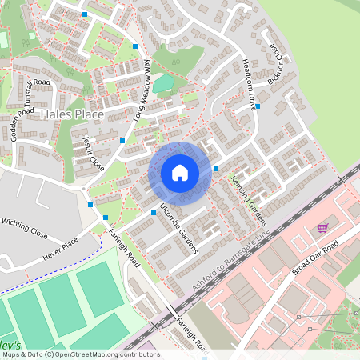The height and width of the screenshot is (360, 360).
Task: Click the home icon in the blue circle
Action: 179,172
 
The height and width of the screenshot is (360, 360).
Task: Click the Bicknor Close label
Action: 277,64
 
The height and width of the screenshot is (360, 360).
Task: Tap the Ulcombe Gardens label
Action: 178,228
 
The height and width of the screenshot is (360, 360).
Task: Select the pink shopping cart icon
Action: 323,228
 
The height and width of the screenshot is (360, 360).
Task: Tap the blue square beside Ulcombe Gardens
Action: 154,213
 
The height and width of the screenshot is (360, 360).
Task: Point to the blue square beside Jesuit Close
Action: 122,140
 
